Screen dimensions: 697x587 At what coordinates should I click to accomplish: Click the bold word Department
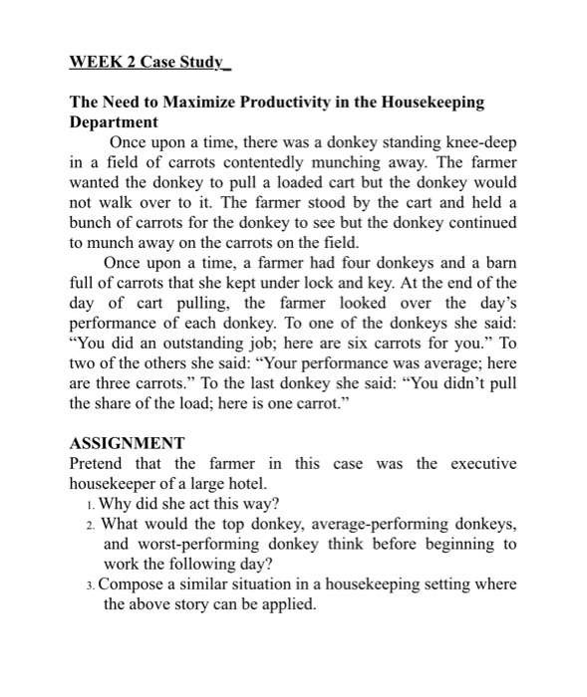pos(114,121)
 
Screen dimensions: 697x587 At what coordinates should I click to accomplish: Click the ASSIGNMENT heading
pos(127,445)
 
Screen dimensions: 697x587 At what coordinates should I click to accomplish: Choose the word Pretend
pos(98,464)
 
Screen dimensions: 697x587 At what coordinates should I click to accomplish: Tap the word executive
pos(483,464)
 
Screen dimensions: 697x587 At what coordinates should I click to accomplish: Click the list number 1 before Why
pos(91,503)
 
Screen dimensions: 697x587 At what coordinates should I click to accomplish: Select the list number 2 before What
pos(91,523)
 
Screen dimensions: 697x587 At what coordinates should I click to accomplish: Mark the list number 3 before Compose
pos(91,584)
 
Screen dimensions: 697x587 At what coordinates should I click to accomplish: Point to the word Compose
pos(136,584)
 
